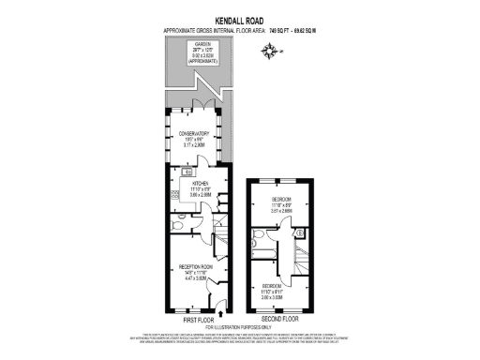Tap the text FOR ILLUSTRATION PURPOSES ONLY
240,327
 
